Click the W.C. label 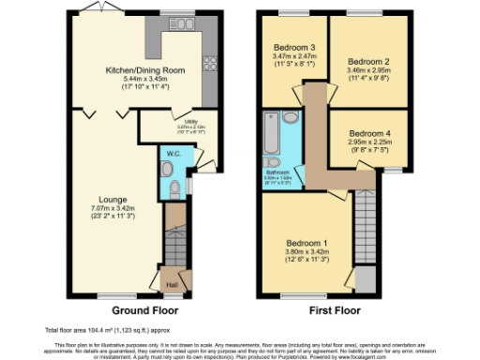[172, 153]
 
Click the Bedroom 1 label [308, 241]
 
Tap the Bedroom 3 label [294, 48]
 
